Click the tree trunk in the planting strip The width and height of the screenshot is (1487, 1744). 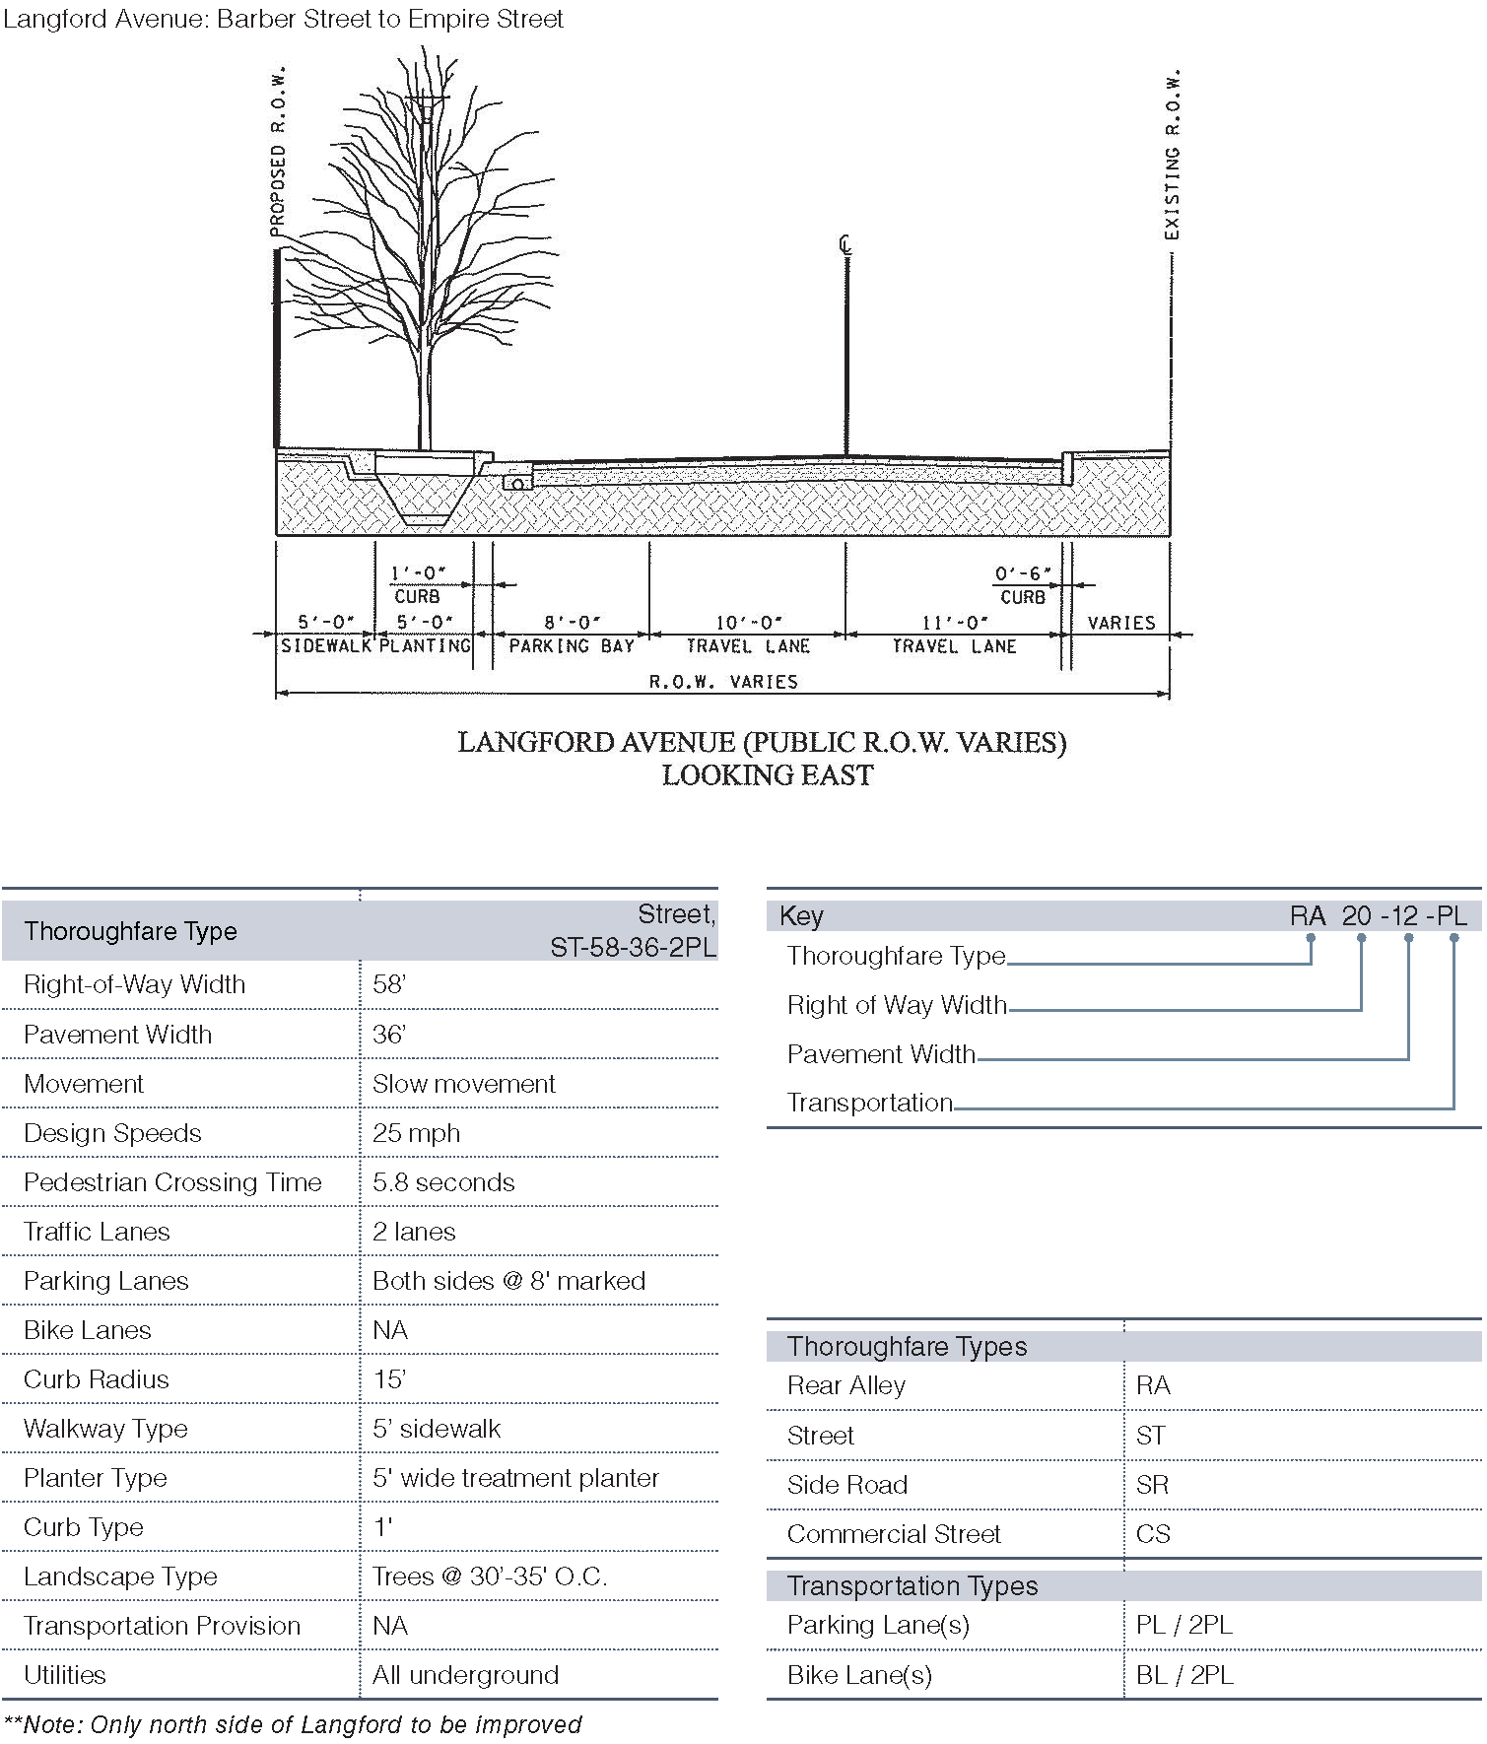(425, 394)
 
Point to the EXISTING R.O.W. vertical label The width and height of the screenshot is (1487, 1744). (1172, 156)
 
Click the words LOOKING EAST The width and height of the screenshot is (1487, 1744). (767, 775)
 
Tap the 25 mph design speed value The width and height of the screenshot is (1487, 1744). (416, 1133)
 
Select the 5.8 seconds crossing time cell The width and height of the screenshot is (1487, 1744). (443, 1182)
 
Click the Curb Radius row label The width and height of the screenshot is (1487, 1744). (97, 1379)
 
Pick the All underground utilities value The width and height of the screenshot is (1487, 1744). (465, 1675)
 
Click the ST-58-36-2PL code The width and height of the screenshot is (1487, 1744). (633, 947)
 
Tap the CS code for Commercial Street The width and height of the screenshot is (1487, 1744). (1153, 1534)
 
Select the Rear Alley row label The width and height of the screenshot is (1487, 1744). (845, 1386)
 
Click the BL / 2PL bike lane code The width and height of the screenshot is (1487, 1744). (1183, 1675)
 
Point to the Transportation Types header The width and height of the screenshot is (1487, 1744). (912, 1586)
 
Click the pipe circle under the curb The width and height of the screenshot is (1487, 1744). (516, 483)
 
